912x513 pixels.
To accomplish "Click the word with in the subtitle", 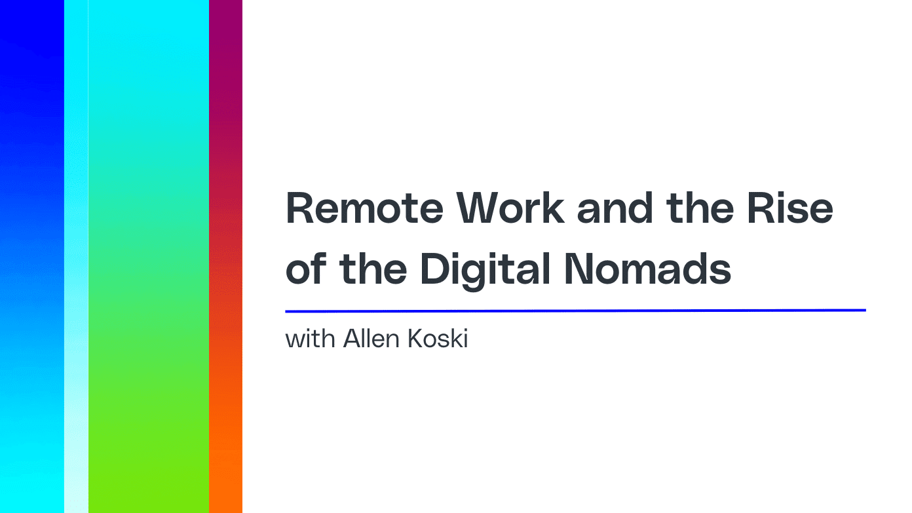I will point(311,339).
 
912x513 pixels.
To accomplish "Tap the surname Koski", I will point(439,339).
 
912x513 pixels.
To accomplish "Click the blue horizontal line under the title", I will point(575,311).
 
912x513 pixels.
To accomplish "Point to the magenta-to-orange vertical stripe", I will point(225,256).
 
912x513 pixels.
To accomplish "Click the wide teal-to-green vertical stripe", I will point(149,256).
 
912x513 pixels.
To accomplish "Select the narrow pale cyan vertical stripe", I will point(76,256).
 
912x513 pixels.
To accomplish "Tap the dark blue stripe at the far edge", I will point(31,256).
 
